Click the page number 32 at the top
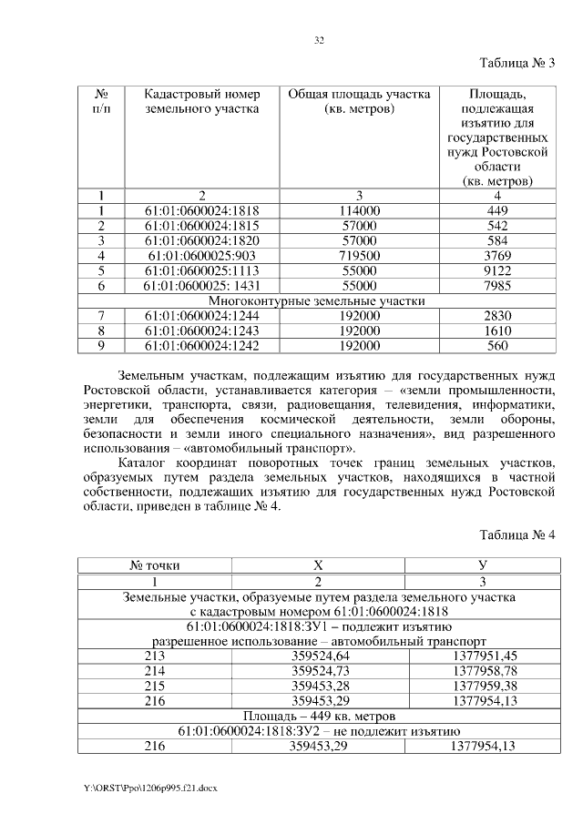point(319,40)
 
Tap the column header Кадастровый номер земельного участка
point(202,101)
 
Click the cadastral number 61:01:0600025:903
point(202,257)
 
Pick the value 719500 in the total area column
point(358,257)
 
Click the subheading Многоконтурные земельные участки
point(317,300)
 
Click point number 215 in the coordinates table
point(155,686)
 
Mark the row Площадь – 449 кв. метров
point(319,716)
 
